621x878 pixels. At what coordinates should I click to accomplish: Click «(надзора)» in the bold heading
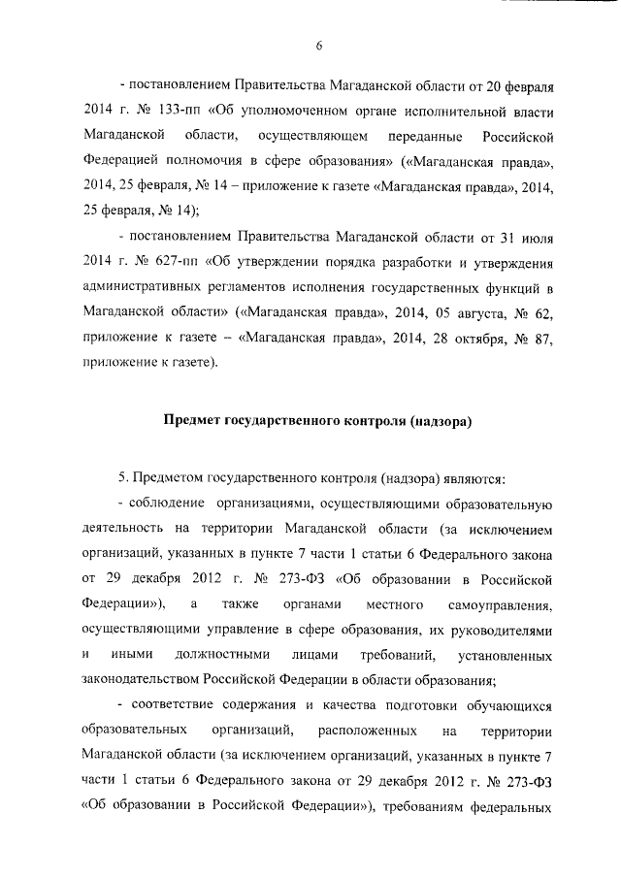click(440, 422)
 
